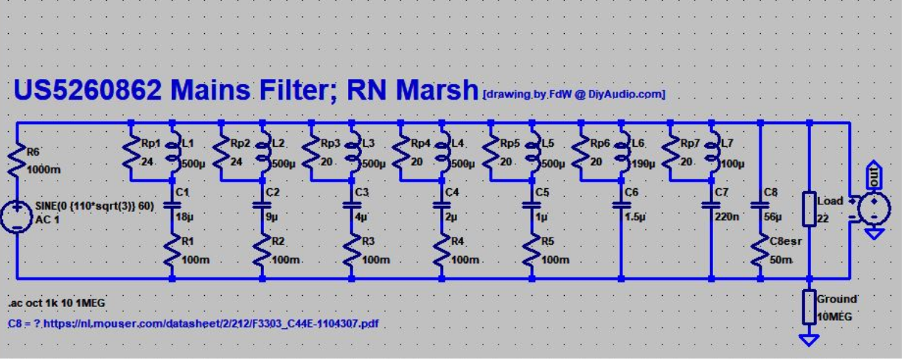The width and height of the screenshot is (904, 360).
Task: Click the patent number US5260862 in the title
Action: click(x=88, y=90)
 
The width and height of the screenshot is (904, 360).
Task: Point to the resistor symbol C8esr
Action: click(x=760, y=251)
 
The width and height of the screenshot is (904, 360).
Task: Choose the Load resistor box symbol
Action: click(x=809, y=210)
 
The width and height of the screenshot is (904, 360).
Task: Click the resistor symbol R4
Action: click(x=442, y=252)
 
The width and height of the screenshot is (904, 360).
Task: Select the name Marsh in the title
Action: click(x=437, y=90)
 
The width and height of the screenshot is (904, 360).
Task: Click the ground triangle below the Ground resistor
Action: click(x=809, y=339)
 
